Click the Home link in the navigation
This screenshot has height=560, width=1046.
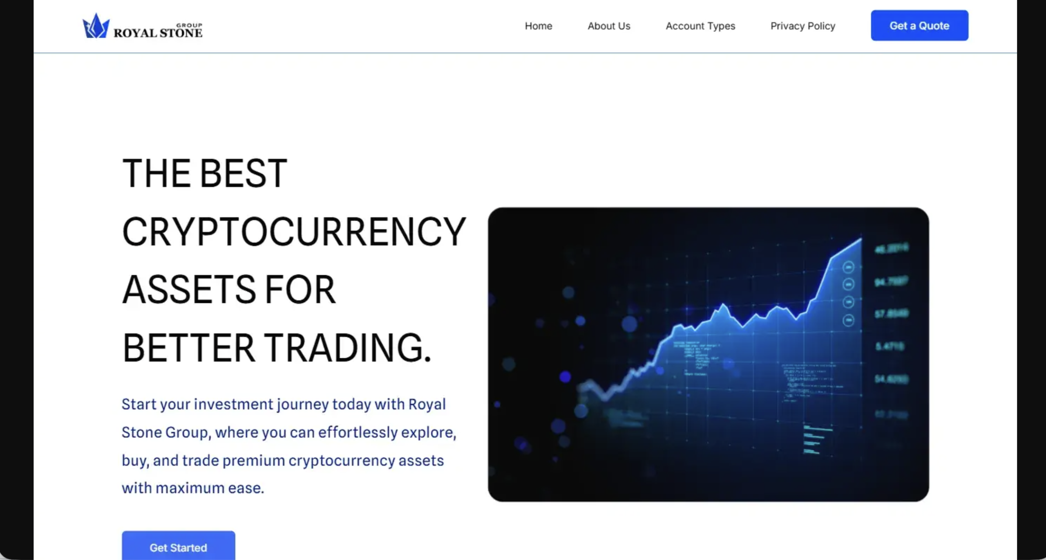(538, 26)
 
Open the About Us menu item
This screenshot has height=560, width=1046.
(609, 26)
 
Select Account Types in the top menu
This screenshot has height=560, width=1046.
(700, 26)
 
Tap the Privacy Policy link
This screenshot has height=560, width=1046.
(802, 26)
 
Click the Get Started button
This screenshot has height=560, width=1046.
(178, 547)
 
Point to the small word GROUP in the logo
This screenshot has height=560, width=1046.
(189, 25)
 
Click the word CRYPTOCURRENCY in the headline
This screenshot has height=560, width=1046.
(294, 232)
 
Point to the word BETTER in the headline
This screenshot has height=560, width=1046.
(188, 348)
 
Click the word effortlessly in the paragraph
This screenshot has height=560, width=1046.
(358, 432)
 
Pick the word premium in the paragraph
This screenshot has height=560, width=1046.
(253, 460)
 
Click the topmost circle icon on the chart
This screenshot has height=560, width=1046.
(848, 267)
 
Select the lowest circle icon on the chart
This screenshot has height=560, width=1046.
(848, 320)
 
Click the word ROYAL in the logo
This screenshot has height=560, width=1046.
(135, 33)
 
